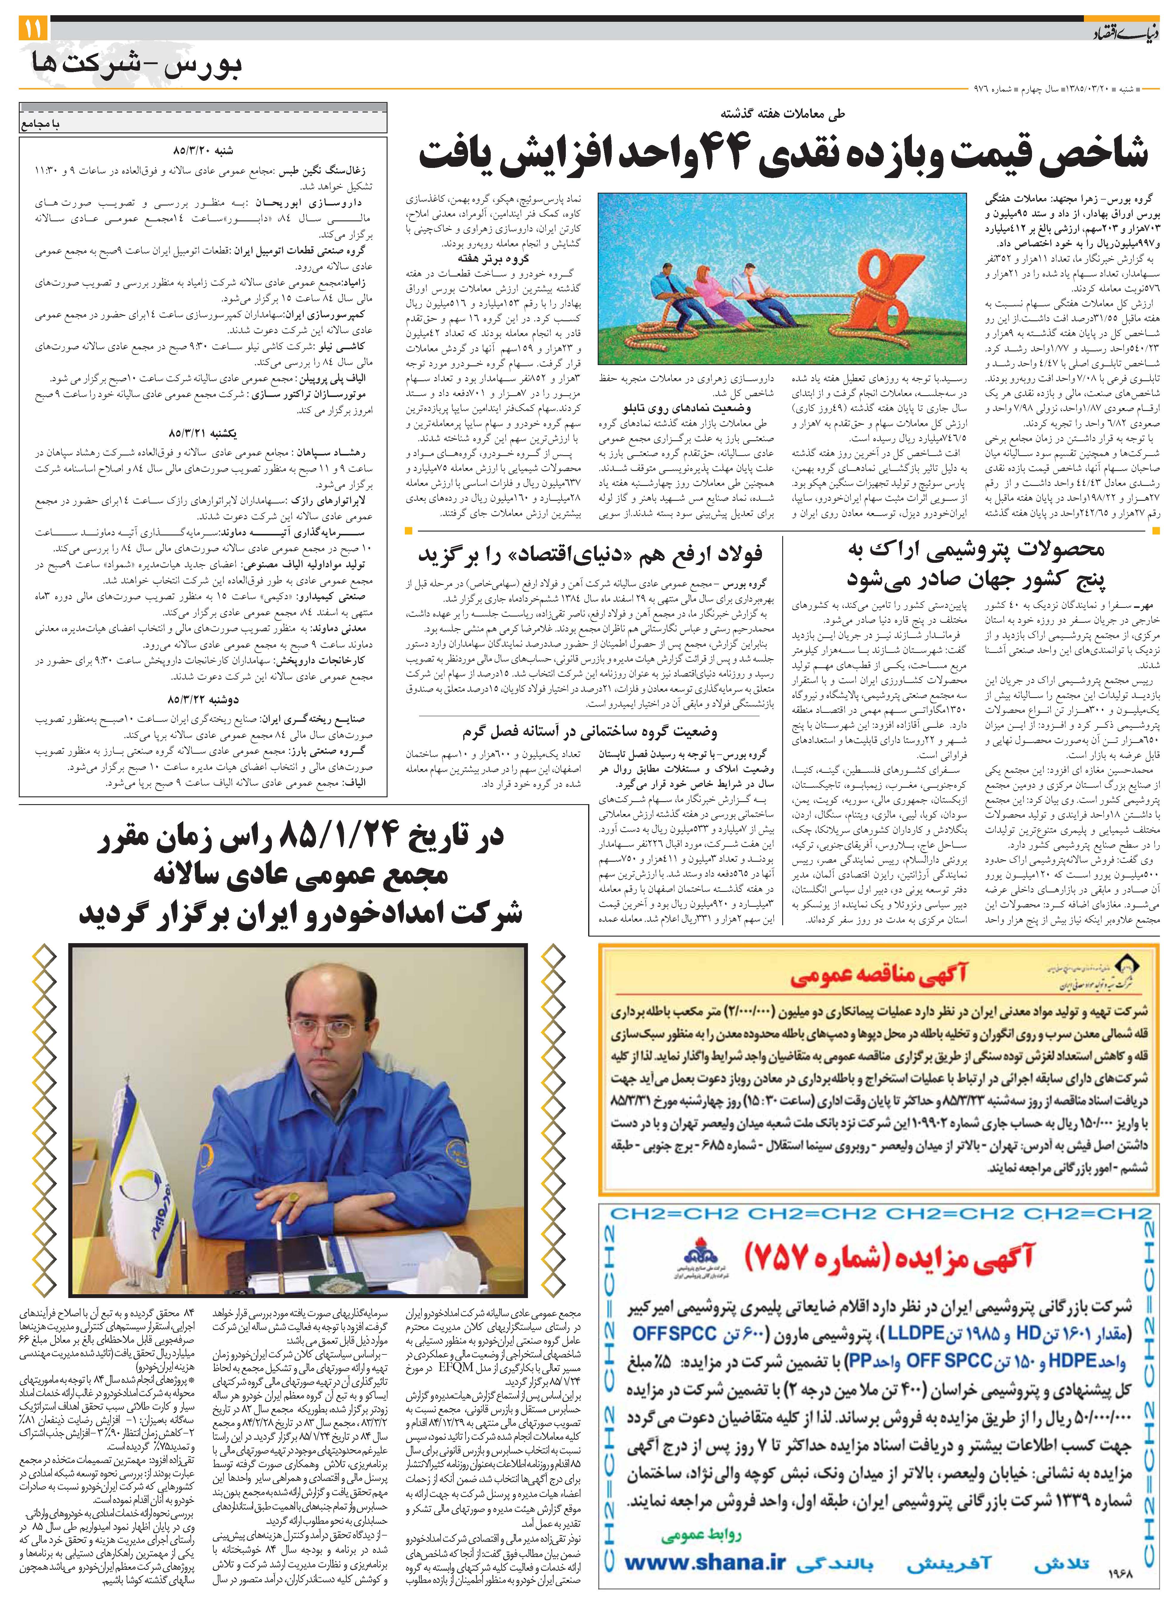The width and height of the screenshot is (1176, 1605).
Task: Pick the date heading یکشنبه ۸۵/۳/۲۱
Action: click(203, 432)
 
